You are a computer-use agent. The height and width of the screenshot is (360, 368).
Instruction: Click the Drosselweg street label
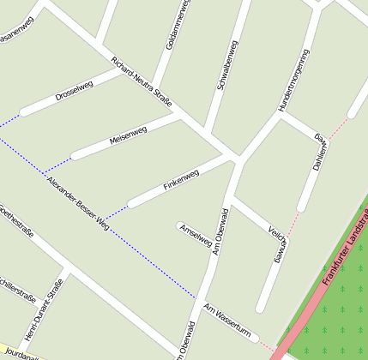point(74,90)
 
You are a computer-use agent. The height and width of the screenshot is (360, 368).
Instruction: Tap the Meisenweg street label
point(128,135)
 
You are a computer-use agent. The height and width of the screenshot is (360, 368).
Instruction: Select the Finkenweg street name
point(180,181)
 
